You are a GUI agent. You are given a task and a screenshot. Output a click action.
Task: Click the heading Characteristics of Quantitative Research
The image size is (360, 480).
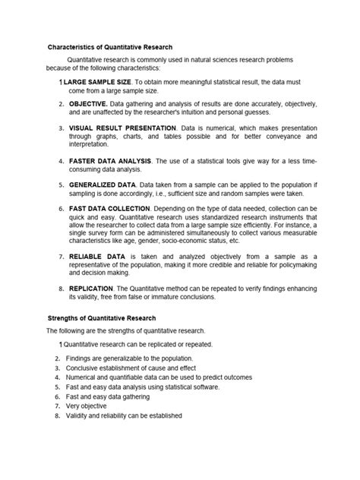[x=110, y=48]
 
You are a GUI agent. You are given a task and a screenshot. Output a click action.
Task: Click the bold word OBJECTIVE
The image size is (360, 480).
[x=87, y=103]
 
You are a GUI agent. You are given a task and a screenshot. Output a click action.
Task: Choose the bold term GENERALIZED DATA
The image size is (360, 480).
[x=103, y=185]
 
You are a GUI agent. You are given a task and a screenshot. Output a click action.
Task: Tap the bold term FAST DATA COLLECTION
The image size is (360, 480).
[x=109, y=207]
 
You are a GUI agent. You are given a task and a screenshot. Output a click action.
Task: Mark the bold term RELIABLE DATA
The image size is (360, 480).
[x=97, y=257]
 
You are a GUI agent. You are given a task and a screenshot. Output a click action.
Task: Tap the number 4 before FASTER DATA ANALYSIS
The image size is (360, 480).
[x=60, y=162]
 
